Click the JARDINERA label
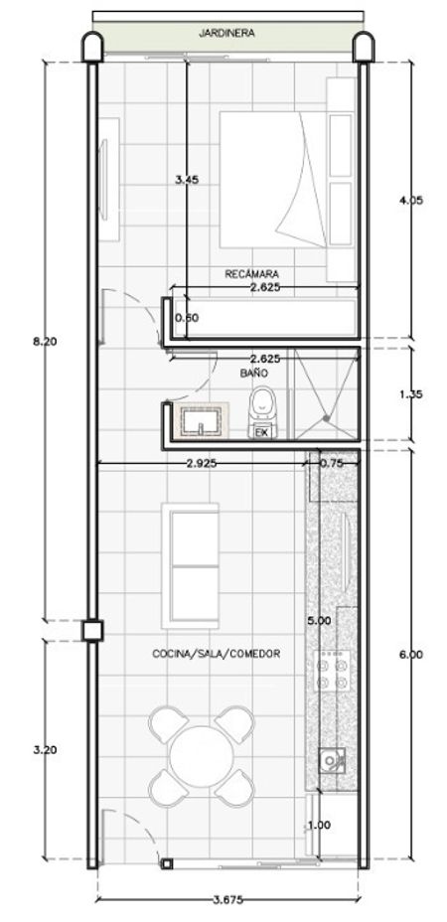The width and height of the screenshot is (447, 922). (x=226, y=34)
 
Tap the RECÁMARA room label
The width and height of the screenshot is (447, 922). (x=251, y=273)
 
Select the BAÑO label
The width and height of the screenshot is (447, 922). (x=253, y=373)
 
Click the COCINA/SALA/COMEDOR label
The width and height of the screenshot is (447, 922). (x=216, y=654)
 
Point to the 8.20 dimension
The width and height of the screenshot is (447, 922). (x=45, y=342)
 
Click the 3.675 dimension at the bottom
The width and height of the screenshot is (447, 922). (x=228, y=900)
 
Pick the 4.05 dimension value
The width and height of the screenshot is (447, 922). (x=411, y=200)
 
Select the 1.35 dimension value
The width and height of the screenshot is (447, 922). (x=411, y=394)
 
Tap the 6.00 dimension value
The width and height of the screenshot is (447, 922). (x=410, y=655)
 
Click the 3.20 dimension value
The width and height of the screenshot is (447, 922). (x=45, y=750)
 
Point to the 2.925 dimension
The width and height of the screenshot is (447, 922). (x=201, y=463)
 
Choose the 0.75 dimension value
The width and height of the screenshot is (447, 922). (x=331, y=463)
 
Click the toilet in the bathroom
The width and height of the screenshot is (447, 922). (x=262, y=412)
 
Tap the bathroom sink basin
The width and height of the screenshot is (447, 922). (x=201, y=420)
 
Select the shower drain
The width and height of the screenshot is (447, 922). (x=326, y=418)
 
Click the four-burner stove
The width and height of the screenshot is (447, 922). (x=333, y=671)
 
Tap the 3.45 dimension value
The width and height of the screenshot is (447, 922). (x=187, y=181)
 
